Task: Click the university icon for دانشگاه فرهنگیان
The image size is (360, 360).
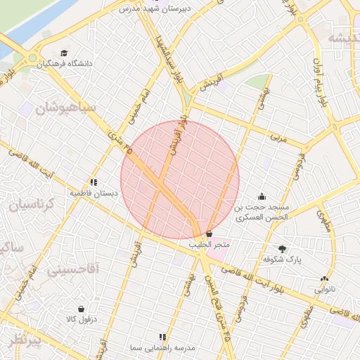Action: point(65,53)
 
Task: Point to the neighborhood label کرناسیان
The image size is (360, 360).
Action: point(37,205)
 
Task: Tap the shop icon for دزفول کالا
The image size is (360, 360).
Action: point(81,309)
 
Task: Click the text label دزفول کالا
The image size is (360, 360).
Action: point(81,319)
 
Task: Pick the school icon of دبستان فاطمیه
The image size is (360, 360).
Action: point(94,182)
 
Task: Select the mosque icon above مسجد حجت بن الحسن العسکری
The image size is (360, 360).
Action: point(262,196)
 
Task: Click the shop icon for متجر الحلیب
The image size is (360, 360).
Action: point(209,233)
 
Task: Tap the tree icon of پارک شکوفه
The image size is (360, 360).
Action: point(282,249)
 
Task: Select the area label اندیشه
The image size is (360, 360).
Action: point(340,38)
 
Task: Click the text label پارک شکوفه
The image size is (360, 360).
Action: point(282,259)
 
